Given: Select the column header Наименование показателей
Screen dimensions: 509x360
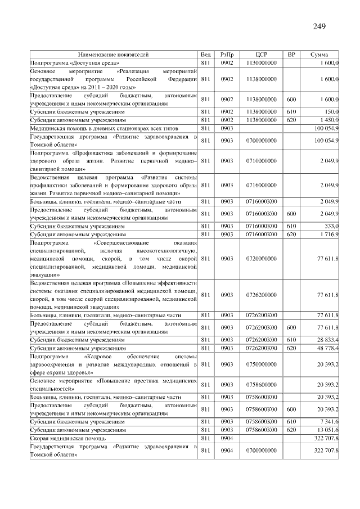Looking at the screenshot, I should coord(113,55).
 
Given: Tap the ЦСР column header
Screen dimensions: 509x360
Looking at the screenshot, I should coord(261,55).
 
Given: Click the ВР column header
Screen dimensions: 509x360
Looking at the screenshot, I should coord(291,55).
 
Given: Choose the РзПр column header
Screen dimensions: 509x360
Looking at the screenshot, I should coord(227,55).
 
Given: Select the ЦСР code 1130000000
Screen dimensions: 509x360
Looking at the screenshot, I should coord(261,64).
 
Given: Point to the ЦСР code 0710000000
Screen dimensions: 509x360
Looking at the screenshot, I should coord(261,161).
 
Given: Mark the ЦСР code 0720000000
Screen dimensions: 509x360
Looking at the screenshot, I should coord(261,259).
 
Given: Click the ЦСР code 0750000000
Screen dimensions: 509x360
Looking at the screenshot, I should coord(261,364).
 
